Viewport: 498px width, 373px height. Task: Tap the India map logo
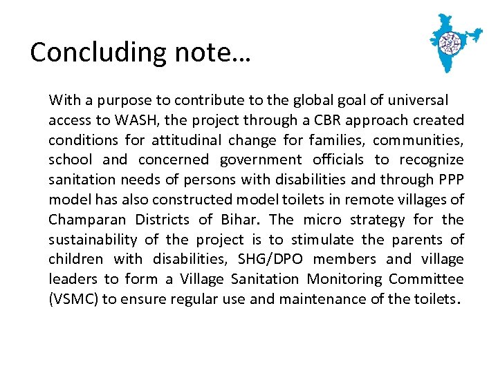454,42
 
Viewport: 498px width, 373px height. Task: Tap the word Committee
426,280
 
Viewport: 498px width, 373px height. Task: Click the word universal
417,100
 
